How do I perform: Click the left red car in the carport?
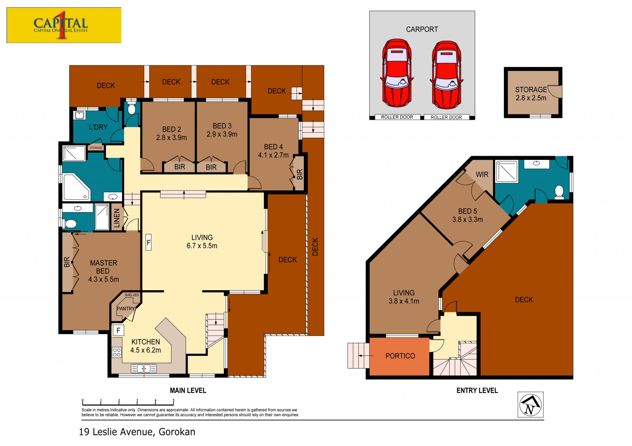point(397,73)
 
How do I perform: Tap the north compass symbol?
point(530,405)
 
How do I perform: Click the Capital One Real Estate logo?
point(64,25)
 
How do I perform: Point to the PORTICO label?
point(400,356)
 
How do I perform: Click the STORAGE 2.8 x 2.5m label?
point(531,94)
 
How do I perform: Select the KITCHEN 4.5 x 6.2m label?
point(145,346)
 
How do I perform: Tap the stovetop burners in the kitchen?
point(117,352)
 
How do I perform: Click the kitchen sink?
point(144,368)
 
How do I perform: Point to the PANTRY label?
point(126,309)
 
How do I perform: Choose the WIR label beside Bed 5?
point(482,175)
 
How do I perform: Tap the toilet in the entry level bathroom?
point(559,192)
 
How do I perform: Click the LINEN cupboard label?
point(117,219)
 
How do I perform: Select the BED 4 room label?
point(273,147)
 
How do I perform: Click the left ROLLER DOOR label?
point(397,117)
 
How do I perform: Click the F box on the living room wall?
point(148,243)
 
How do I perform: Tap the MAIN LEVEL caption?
point(188,390)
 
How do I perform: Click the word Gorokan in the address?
point(177,432)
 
